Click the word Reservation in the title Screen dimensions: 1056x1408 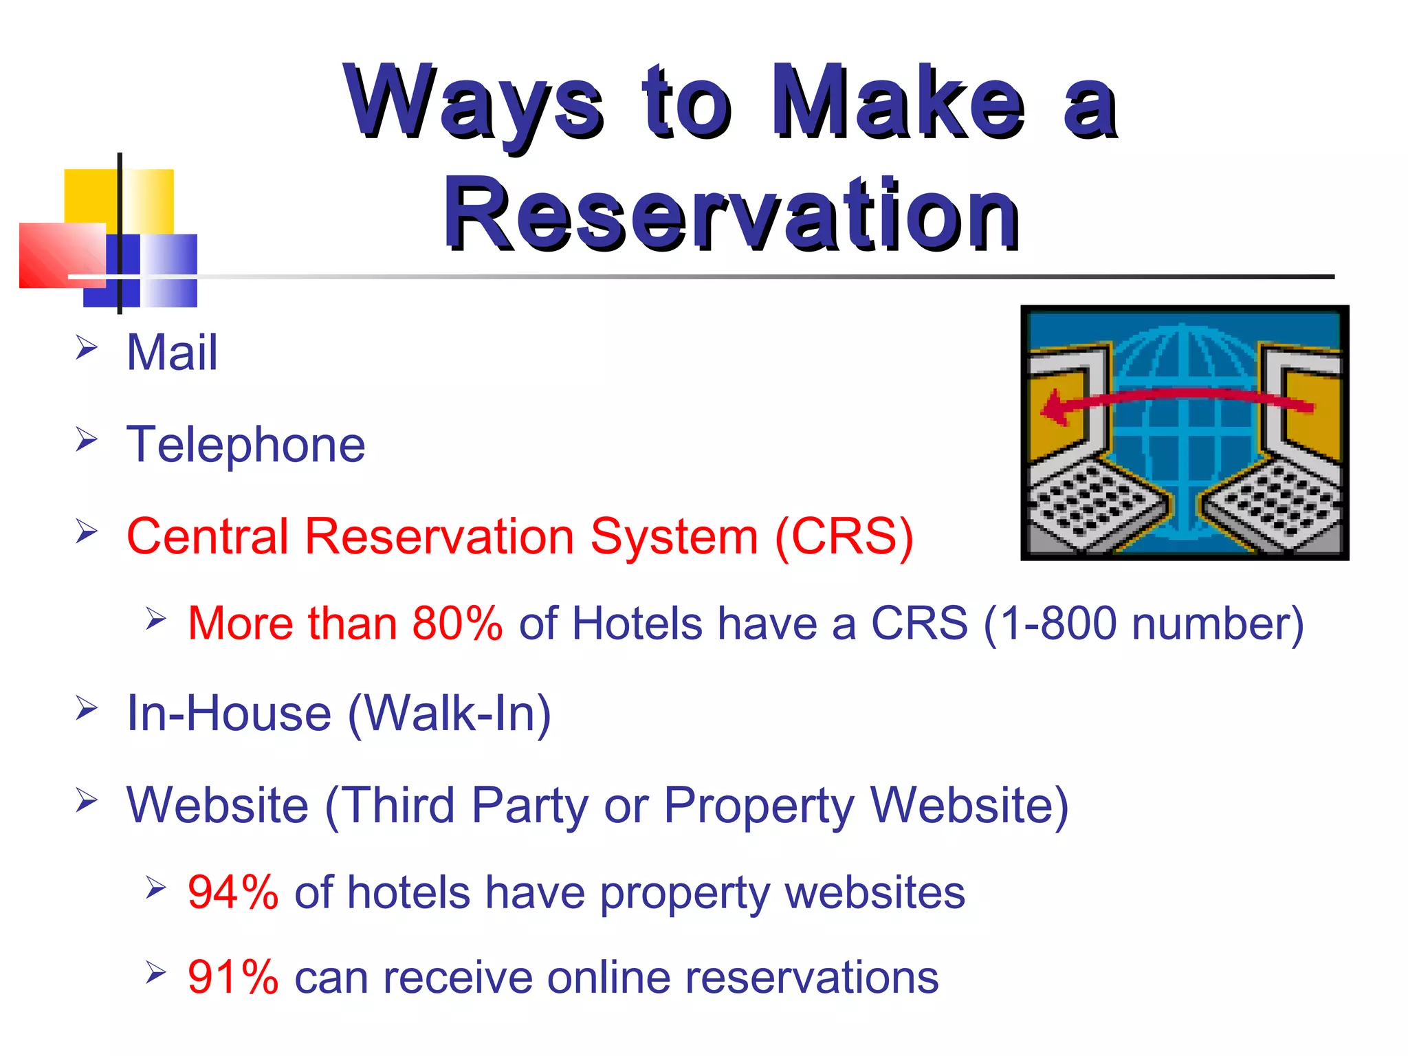tap(731, 214)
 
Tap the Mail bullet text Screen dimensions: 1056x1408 tap(172, 353)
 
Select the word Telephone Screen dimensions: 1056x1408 tap(245, 445)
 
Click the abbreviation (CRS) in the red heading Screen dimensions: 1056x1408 tap(844, 537)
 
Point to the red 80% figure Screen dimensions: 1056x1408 tap(457, 624)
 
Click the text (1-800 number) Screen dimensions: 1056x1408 tap(1143, 624)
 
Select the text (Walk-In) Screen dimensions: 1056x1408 tap(450, 714)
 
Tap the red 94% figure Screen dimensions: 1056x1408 tap(233, 893)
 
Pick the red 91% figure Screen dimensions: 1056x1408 tap(233, 978)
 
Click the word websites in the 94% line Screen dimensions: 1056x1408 tap(874, 893)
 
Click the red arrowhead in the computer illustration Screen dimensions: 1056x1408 tap(1054, 409)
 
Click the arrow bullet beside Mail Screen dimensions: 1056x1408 tap(87, 347)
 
